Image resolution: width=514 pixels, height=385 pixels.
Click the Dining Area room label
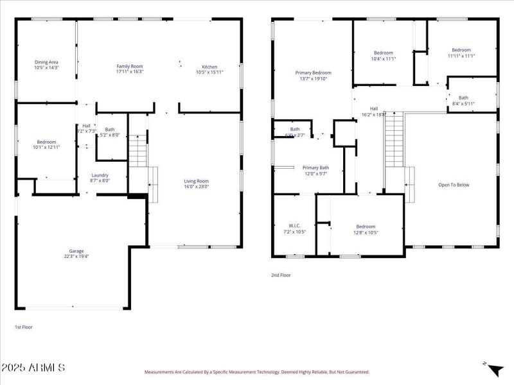(x=46, y=62)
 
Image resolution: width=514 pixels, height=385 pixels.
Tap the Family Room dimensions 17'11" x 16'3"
(x=129, y=72)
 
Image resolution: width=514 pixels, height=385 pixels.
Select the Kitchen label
(x=209, y=67)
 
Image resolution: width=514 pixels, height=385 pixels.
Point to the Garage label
(x=76, y=251)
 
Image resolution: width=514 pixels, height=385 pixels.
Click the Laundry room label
(x=100, y=175)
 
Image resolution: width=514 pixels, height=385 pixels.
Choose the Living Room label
(x=197, y=181)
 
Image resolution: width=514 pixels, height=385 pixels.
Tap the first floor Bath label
(x=110, y=129)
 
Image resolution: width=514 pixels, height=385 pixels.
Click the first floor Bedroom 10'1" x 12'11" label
(x=46, y=142)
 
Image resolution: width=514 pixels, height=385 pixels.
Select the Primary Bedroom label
(x=313, y=73)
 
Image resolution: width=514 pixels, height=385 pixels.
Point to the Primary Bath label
(x=315, y=167)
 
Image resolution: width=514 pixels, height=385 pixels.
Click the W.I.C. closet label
(x=294, y=225)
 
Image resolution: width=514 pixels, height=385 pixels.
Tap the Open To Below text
(x=454, y=185)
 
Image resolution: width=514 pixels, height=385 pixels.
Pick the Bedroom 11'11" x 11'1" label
(x=461, y=50)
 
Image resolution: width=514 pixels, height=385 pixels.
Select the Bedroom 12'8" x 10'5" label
(x=366, y=226)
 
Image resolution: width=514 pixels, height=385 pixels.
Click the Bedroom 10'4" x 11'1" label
(x=383, y=53)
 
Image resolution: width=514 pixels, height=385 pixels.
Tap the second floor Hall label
(x=373, y=108)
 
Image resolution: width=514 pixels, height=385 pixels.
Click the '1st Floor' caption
(x=24, y=327)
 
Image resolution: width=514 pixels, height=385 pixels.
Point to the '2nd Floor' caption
(x=280, y=275)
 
